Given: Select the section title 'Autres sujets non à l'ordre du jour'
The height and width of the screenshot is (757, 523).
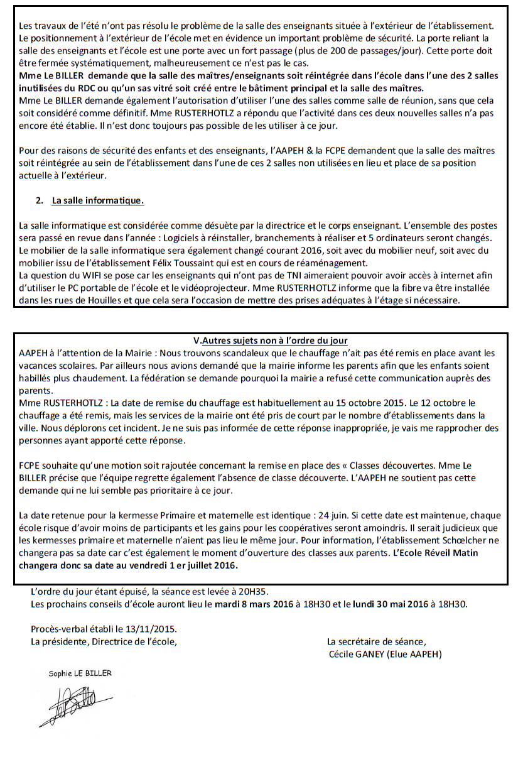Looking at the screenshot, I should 274,340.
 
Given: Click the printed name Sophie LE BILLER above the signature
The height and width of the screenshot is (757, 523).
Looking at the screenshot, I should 80,673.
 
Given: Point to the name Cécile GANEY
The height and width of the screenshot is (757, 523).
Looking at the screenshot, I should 357,654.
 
